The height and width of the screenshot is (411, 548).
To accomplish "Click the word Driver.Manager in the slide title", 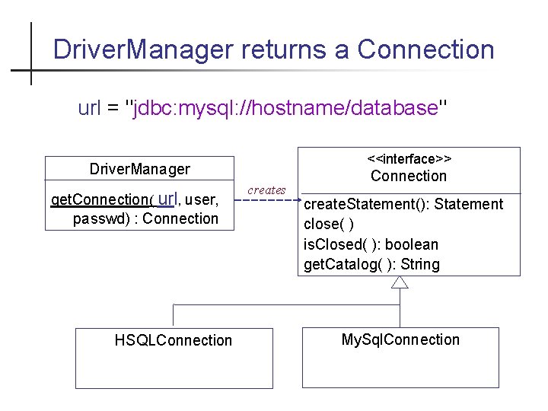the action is pos(142,50).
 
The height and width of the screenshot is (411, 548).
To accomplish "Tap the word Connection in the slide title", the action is pos(426,50).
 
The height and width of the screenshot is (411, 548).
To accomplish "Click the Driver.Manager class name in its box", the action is pos(140,169).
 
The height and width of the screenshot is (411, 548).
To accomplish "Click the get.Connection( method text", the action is pos(102,200).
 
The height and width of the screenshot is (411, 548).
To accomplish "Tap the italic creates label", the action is pos(266,190).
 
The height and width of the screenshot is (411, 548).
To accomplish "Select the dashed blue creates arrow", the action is pos(267,201).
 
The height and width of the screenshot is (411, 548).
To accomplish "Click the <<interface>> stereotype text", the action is pos(409,159).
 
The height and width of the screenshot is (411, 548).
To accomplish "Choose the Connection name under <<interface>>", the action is pos(409,176).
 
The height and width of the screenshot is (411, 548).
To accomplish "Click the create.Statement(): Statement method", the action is pos(403,204).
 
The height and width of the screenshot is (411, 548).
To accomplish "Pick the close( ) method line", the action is pos(329,225).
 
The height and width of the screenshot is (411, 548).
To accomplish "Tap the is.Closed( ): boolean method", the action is pos(371,244).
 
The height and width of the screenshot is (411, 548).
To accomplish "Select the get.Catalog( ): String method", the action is pos(371,264).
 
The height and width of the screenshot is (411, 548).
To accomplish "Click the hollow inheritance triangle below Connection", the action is pos(400,282).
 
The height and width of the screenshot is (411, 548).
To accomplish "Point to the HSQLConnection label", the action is pos(174,340).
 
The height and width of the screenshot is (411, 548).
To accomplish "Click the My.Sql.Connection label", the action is pos(400,339).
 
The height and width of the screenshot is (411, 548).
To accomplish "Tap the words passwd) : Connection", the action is pos(145,219).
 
